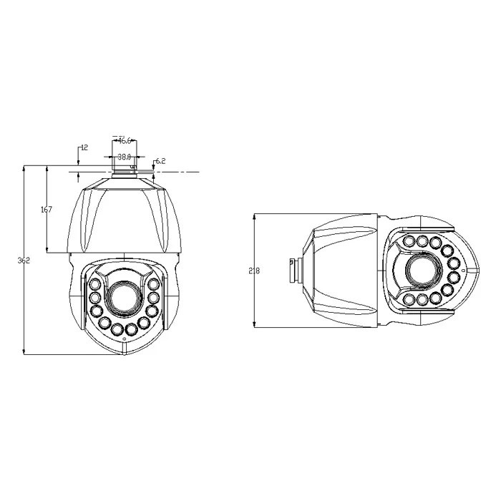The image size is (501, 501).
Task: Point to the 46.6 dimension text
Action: [125, 141]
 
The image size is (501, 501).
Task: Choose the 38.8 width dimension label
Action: [124, 156]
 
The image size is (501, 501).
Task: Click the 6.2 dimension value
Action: [160, 161]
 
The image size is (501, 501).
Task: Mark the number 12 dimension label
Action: [84, 147]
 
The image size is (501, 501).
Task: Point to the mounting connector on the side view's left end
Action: [291, 271]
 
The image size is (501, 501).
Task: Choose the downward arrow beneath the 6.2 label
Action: [154, 168]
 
